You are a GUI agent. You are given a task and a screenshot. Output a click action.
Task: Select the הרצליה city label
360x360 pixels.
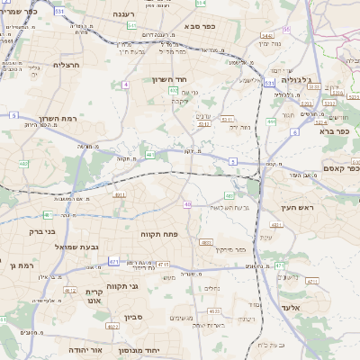[67, 65]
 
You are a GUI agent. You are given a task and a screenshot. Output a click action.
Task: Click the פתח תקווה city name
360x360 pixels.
[162, 234]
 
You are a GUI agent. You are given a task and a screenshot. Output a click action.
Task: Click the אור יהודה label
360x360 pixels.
[85, 348]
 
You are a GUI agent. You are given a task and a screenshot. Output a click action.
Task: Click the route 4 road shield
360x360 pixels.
[126, 85]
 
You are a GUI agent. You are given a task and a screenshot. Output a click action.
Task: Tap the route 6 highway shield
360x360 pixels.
[294, 131]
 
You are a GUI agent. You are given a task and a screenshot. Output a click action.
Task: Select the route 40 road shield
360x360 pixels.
[187, 204]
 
